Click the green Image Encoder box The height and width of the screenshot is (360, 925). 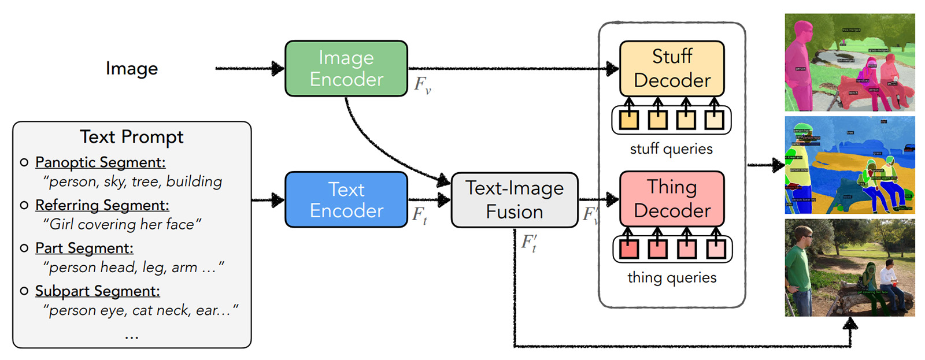coord(346,68)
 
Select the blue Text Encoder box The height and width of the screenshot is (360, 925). coord(346,199)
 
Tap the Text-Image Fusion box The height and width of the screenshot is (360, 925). coord(515,199)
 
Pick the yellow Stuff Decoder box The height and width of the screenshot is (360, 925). coord(672,68)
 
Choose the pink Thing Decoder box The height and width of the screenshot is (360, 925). coord(672,198)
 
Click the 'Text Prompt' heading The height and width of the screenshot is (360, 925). coord(132,137)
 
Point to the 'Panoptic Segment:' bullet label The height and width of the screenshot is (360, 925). coord(101,162)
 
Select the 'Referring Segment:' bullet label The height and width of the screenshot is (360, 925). coord(102,205)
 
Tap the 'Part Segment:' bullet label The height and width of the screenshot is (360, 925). coord(84,248)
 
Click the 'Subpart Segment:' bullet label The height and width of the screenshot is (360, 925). coord(98,291)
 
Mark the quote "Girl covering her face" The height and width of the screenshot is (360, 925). coord(123,224)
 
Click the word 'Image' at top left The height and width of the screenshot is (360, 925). coord(132,68)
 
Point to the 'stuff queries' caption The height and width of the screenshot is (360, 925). coord(671,149)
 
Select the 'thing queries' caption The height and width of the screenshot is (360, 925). coord(672,277)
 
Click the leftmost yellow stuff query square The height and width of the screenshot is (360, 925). coord(629,120)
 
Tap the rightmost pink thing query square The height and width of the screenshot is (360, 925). coord(715,248)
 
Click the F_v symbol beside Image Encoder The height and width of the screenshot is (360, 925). coord(423,85)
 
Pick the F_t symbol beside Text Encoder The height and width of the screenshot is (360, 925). coord(420,216)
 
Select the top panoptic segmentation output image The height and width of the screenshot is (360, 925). coord(850,62)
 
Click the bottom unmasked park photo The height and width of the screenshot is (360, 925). coord(850,268)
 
